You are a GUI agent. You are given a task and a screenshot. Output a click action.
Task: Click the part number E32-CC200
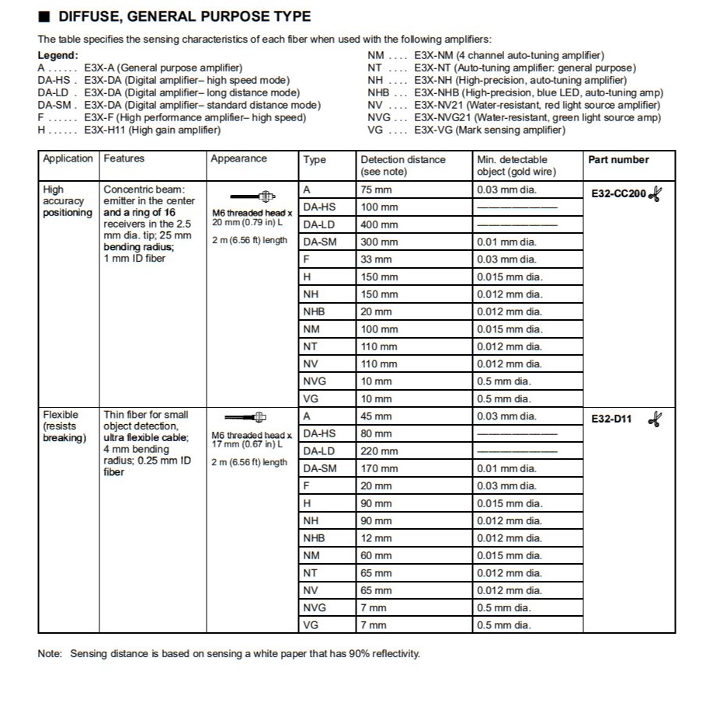[x=618, y=194]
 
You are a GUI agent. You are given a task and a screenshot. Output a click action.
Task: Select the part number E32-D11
[x=612, y=419]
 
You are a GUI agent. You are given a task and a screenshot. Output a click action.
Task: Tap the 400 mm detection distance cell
[x=379, y=224]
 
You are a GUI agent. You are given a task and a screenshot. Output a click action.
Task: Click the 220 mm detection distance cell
[x=379, y=451]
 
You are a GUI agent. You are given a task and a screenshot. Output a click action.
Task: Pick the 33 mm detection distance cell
[x=377, y=259]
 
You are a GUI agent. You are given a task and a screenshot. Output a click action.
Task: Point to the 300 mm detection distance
[x=379, y=242]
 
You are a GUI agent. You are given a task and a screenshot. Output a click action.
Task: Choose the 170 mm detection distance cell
[x=379, y=468]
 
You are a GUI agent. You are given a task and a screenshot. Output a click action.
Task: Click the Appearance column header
[x=238, y=159]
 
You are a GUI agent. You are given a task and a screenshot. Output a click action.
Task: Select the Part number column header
[x=618, y=160]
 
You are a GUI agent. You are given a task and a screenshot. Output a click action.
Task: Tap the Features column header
[x=124, y=158]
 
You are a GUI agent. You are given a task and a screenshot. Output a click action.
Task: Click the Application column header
[x=68, y=158]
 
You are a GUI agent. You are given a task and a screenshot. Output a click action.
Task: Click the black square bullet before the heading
[x=44, y=16]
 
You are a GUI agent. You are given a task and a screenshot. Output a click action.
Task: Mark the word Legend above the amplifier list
[x=57, y=55]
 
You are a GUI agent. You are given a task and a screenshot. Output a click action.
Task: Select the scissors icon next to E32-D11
[x=656, y=419]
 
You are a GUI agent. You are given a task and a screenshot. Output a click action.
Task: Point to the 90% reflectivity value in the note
[x=346, y=653]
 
